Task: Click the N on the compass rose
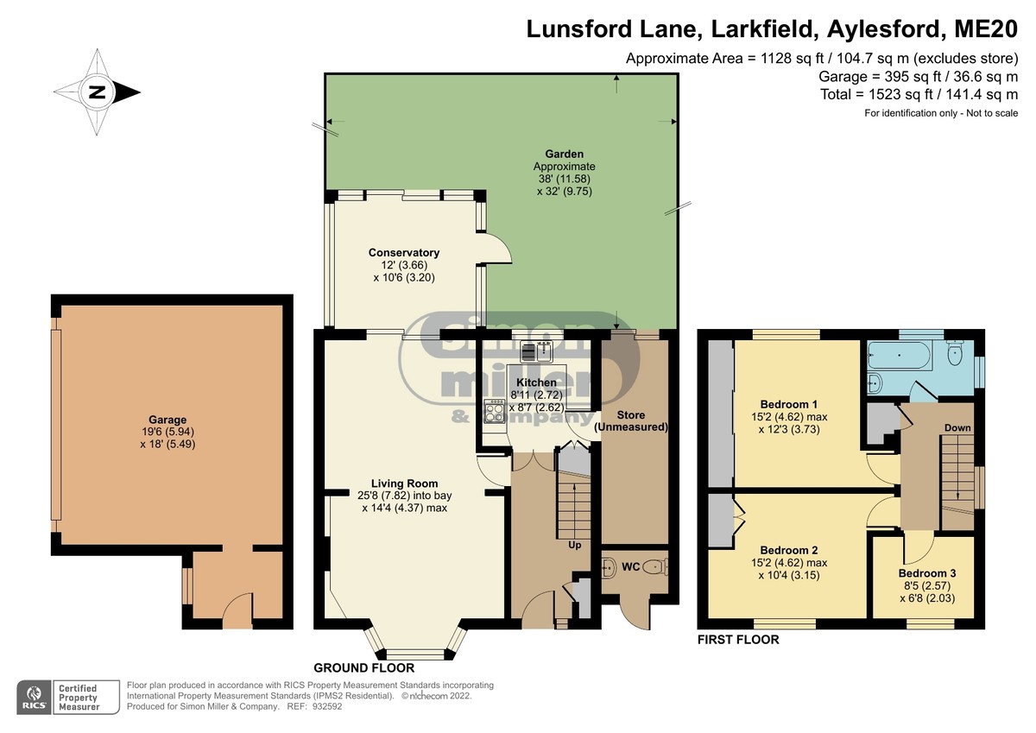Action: (x=97, y=92)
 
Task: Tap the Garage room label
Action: (x=167, y=420)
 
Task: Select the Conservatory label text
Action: (x=404, y=252)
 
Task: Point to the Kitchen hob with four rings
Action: (x=494, y=411)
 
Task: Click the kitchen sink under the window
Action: (x=536, y=351)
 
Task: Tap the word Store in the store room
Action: (x=630, y=414)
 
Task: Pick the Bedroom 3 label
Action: (x=927, y=573)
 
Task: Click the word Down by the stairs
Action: (x=957, y=427)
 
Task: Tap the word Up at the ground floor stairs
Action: (x=574, y=546)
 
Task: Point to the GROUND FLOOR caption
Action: (x=364, y=667)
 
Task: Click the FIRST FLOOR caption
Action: (x=738, y=640)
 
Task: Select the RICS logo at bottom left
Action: (x=35, y=697)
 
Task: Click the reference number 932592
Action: (x=327, y=706)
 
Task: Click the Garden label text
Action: (x=564, y=154)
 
